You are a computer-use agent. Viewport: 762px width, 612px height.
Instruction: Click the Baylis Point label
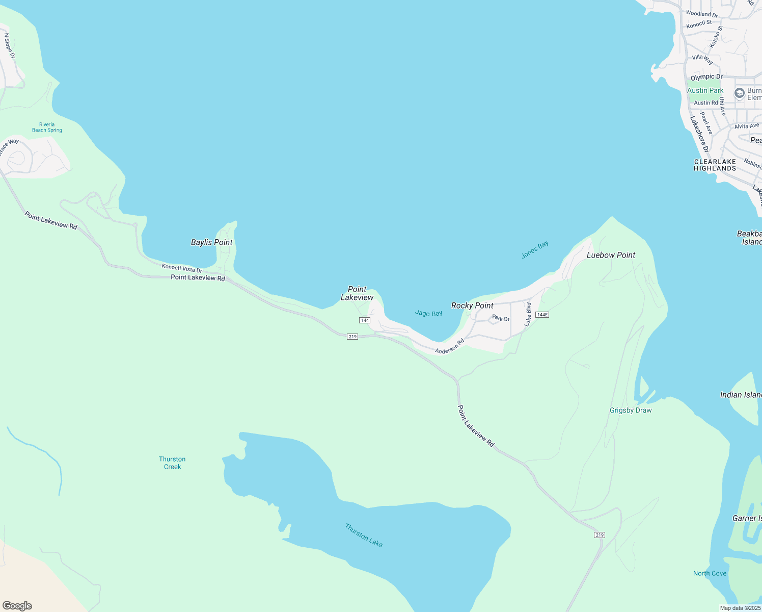211,242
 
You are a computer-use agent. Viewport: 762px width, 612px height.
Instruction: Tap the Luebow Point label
611,255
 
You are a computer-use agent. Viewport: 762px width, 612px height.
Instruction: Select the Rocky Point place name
472,305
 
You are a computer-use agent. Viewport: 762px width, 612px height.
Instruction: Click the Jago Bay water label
428,313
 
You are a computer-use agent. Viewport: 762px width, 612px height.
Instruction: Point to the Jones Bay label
535,249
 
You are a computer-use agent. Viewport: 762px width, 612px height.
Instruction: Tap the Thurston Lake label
364,535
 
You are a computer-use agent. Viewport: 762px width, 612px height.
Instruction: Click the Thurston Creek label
172,463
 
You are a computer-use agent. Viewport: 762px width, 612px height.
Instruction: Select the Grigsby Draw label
631,410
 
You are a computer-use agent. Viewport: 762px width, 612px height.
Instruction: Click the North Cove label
710,573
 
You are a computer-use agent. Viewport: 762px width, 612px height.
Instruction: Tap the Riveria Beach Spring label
47,127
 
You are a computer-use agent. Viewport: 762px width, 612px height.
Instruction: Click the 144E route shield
542,315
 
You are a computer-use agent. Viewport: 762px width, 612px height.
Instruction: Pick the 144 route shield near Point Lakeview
364,320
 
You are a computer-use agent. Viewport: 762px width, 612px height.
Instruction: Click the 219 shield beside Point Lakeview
352,337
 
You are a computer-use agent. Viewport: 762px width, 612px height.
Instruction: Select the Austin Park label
705,90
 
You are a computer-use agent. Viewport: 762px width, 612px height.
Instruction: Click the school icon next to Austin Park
739,93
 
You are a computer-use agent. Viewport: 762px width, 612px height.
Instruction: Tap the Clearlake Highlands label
715,165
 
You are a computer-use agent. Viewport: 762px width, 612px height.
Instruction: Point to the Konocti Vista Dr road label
182,268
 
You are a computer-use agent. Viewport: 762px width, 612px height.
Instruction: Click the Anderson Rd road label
449,346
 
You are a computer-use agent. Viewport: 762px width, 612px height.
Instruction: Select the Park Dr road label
501,319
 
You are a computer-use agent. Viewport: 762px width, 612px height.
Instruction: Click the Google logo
17,606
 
